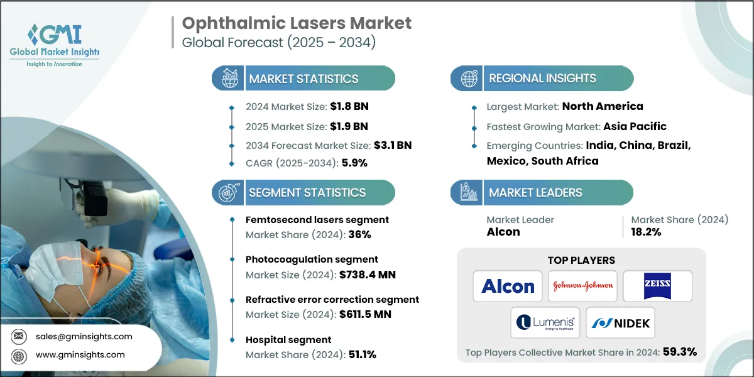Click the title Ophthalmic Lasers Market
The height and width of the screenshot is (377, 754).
click(x=297, y=23)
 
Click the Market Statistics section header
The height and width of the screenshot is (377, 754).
click(x=303, y=79)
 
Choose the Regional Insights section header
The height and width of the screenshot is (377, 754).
click(x=542, y=79)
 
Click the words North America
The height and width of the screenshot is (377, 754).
click(x=602, y=106)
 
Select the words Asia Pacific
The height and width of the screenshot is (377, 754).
click(x=635, y=126)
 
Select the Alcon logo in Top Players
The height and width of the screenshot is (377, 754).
click(x=508, y=287)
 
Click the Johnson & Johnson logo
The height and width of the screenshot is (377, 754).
click(x=582, y=287)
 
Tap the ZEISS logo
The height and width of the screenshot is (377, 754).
click(x=657, y=287)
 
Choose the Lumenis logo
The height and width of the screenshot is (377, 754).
click(x=545, y=323)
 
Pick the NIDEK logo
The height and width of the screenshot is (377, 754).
click(x=620, y=323)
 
